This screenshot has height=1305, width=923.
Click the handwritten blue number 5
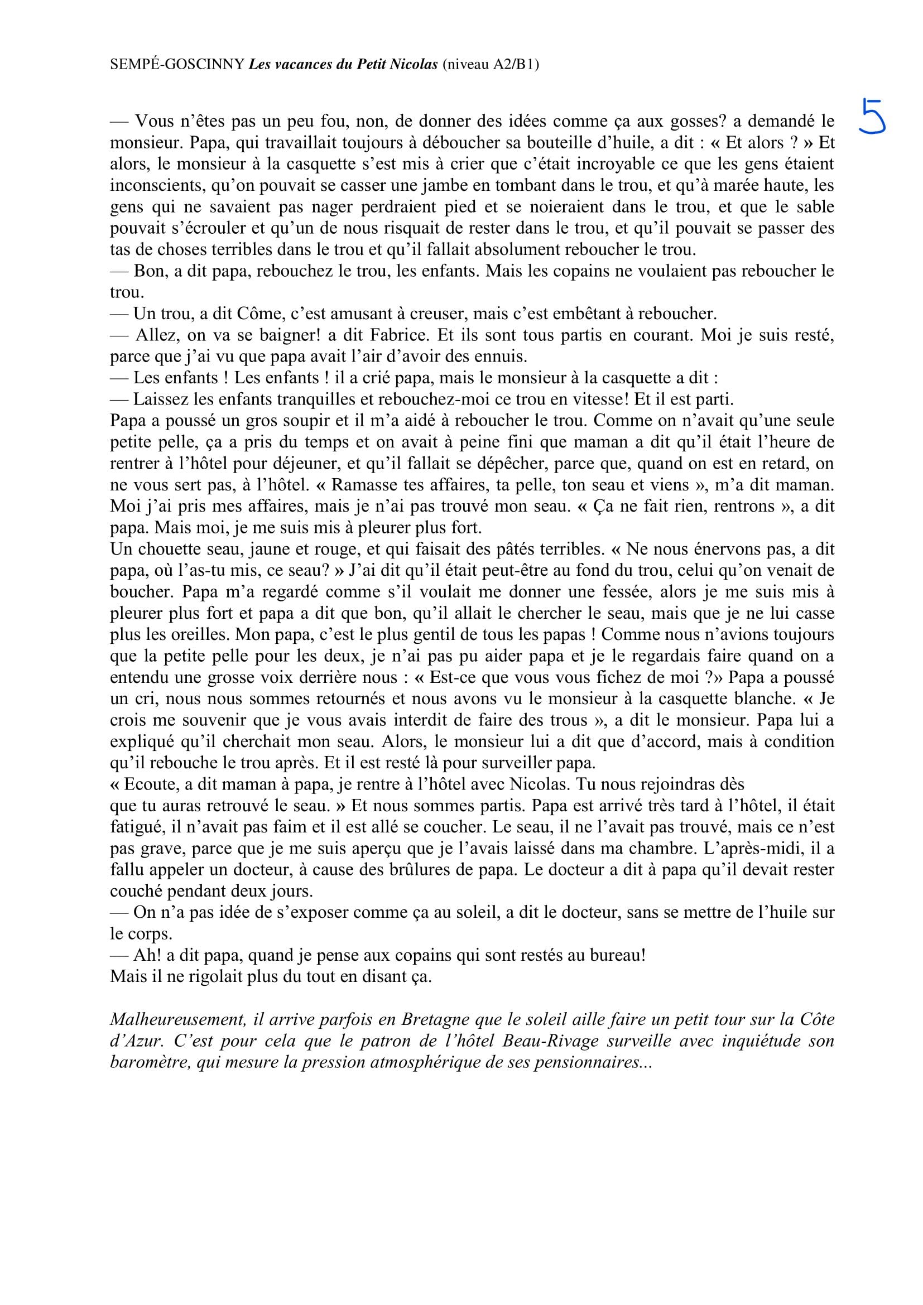pos(872,116)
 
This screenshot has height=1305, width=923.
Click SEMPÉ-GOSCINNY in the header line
pos(177,65)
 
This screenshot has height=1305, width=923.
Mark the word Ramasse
pos(364,485)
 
